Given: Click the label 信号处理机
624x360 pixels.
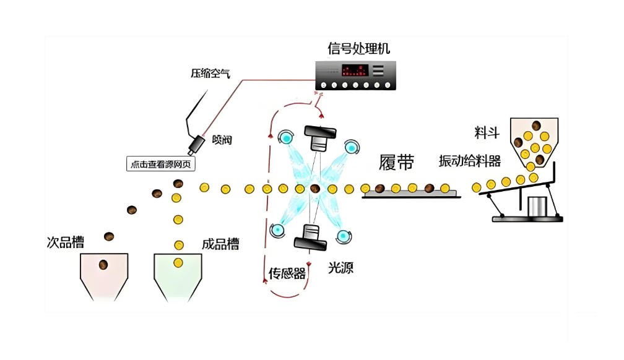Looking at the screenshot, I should pos(359,48).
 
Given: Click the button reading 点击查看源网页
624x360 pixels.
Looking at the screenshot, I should pos(164,164).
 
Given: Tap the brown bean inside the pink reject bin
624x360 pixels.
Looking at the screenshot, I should pos(103,265).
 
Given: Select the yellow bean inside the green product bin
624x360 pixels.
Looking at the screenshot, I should pos(178,263).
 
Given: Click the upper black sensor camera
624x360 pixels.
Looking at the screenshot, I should pos(319,137).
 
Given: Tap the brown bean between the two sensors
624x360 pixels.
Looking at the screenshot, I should pos(316,188).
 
